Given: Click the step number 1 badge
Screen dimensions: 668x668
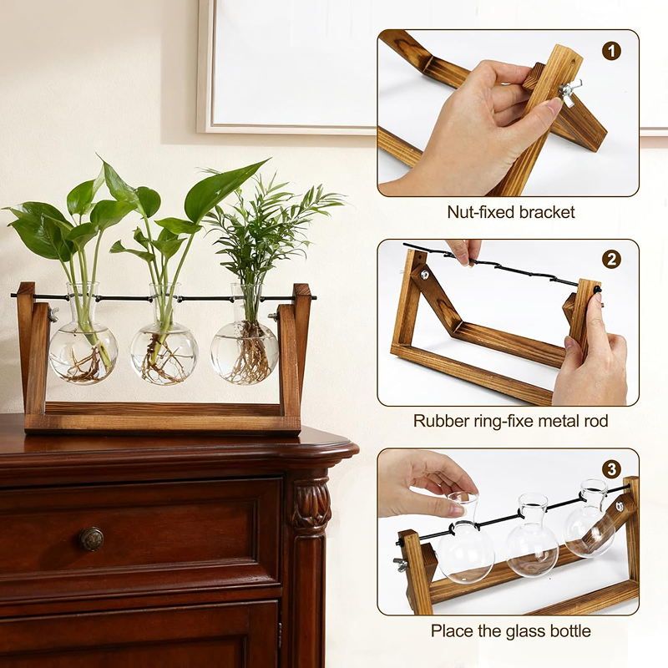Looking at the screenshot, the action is pos(611,51).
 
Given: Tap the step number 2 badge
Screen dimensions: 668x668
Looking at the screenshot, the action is pos(611,259).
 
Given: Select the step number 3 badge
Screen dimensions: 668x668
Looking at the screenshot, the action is pos(611,469).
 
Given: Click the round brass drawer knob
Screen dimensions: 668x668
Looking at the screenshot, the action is pos(91,539).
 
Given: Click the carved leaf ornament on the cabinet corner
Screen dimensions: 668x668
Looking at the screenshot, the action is pos(311,504).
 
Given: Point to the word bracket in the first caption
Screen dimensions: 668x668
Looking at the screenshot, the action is pos(549,212).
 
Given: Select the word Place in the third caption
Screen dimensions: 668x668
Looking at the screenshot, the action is pos(452,630).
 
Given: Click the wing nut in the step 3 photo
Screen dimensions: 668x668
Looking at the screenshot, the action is pos(401,565).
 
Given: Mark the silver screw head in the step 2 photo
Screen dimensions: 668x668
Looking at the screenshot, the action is pos(424,274).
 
